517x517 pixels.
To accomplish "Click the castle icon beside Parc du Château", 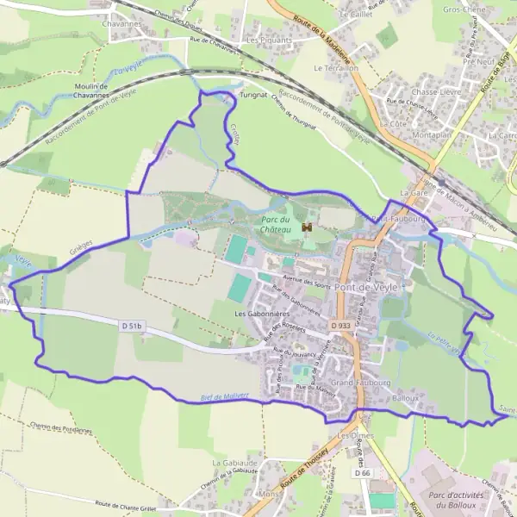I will click(306, 227).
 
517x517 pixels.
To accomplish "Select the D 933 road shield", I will click(340, 326).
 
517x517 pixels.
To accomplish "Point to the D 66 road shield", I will click(362, 474).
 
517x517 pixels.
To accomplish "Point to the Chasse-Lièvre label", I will click(434, 91).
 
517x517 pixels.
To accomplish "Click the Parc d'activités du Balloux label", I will click(458, 500).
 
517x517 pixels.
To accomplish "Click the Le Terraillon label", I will click(335, 67).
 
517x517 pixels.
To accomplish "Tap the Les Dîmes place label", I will click(354, 436).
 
